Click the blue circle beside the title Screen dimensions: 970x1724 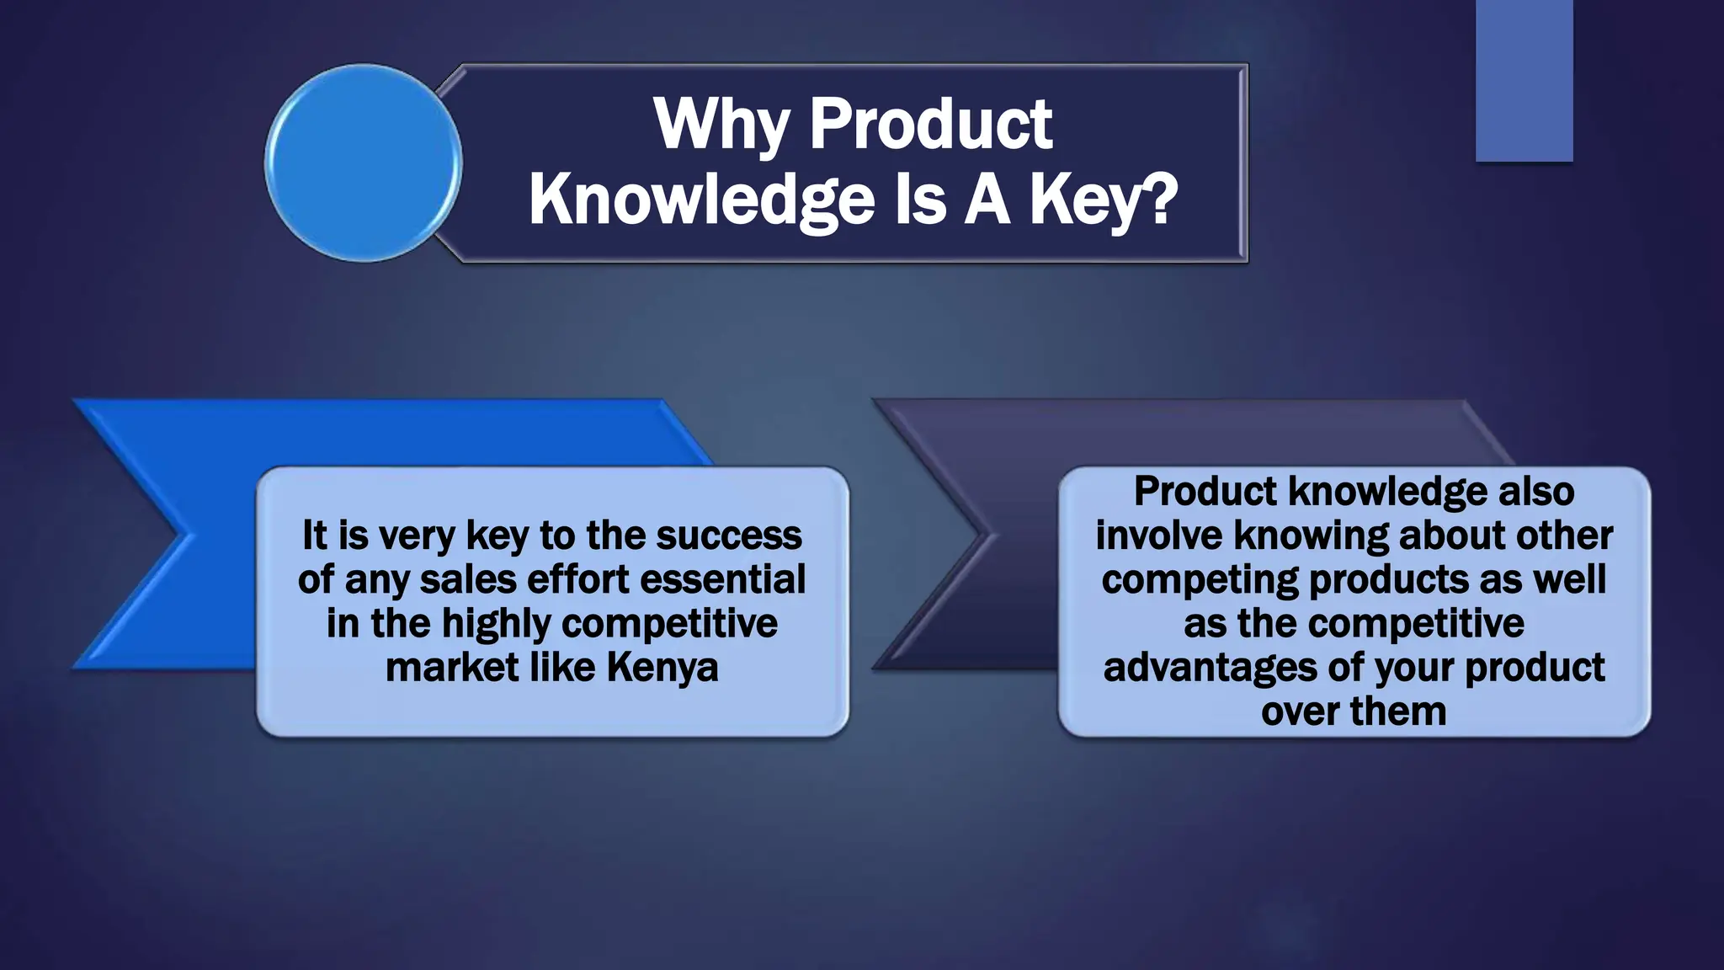tap(364, 163)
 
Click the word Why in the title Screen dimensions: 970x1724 tap(721, 124)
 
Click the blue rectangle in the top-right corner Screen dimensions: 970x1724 tap(1524, 80)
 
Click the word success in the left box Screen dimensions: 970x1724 tap(729, 536)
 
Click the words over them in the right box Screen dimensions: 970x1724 tap(1354, 712)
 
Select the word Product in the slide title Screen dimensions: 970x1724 tap(930, 124)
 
